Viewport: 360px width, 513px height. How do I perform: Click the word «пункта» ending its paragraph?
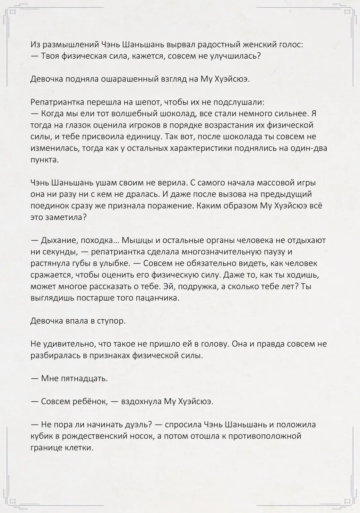click(45, 160)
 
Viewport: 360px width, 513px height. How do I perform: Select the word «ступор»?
click(111, 321)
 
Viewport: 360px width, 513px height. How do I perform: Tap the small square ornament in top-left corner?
click(13, 13)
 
